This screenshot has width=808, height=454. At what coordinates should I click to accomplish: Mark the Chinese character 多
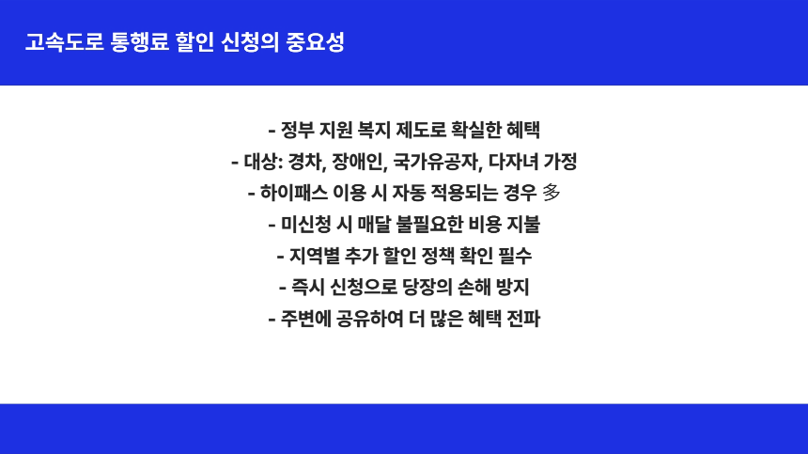pyautogui.click(x=552, y=193)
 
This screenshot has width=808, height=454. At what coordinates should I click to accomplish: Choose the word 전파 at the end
pyautogui.click(x=522, y=318)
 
